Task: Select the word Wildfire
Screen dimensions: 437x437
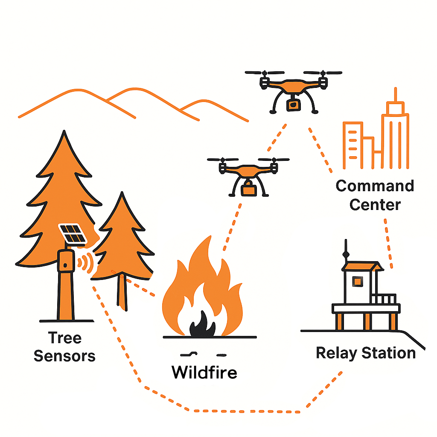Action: (204, 372)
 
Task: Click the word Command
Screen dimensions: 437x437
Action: (375, 186)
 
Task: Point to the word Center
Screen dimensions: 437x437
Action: (375, 204)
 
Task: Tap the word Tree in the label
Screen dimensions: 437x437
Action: (64, 338)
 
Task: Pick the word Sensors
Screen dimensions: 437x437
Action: (64, 355)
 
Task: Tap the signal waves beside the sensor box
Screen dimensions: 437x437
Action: (87, 263)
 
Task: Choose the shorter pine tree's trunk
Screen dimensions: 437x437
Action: (122, 294)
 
